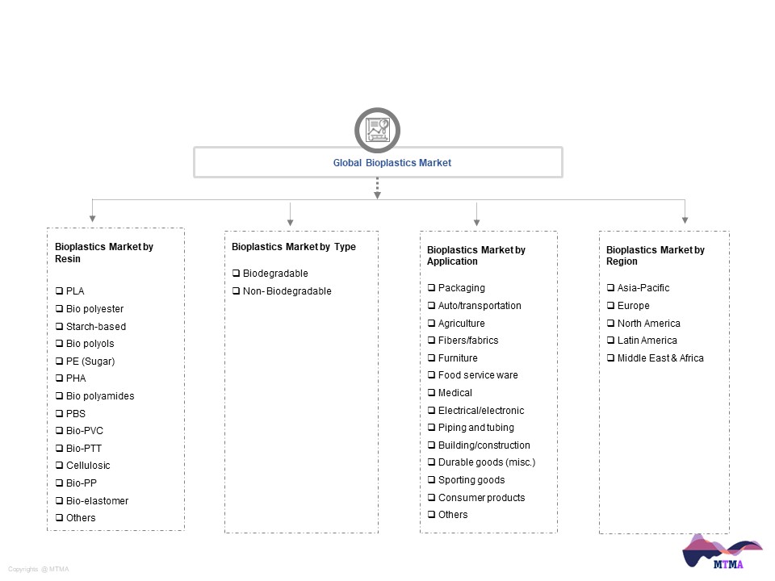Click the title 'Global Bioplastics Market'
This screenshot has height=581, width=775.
coord(392,162)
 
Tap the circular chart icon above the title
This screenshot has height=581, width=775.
coord(377,130)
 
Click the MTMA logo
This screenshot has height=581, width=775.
coord(722,552)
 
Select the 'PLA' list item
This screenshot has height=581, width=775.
coord(75,291)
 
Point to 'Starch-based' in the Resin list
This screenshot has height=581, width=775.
coord(96,327)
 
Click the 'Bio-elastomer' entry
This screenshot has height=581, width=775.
coord(98,500)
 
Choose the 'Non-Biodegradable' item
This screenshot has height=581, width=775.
coord(287,291)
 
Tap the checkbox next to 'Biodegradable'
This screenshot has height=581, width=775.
coord(237,274)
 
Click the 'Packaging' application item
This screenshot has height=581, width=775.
coord(462,288)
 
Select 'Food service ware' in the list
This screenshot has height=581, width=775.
coord(478,375)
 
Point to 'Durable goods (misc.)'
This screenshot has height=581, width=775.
coord(487,462)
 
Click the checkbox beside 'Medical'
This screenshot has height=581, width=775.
coord(431,393)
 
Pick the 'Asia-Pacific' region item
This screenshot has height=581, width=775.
coord(643,288)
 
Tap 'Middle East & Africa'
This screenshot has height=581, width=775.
coord(660,358)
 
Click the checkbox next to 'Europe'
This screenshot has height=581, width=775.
coord(611,306)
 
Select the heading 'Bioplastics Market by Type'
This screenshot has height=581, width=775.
coord(294,247)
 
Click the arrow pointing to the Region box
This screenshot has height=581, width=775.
coord(685,211)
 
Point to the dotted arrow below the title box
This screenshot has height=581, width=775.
coord(377,188)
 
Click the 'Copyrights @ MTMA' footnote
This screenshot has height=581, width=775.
coord(39,569)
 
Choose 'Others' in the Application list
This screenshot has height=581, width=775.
coord(453,515)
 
